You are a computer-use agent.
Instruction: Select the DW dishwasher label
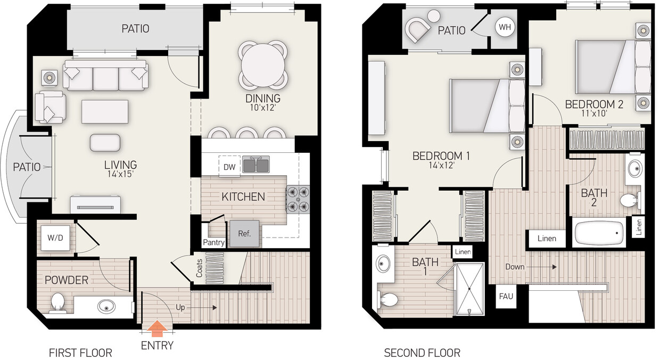[x=229, y=167]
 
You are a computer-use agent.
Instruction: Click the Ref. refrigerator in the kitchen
[x=244, y=233]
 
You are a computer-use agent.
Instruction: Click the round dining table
[x=265, y=64]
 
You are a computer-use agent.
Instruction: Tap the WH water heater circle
[x=504, y=27]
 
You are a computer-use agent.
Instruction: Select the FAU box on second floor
[x=506, y=296]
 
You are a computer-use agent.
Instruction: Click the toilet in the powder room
[x=57, y=302]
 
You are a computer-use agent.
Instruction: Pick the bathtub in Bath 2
[x=599, y=233]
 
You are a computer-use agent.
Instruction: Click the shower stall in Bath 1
[x=469, y=289]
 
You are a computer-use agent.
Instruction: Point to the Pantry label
[x=213, y=243]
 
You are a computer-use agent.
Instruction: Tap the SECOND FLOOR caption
[x=422, y=353]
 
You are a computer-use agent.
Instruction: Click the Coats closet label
[x=199, y=268]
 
